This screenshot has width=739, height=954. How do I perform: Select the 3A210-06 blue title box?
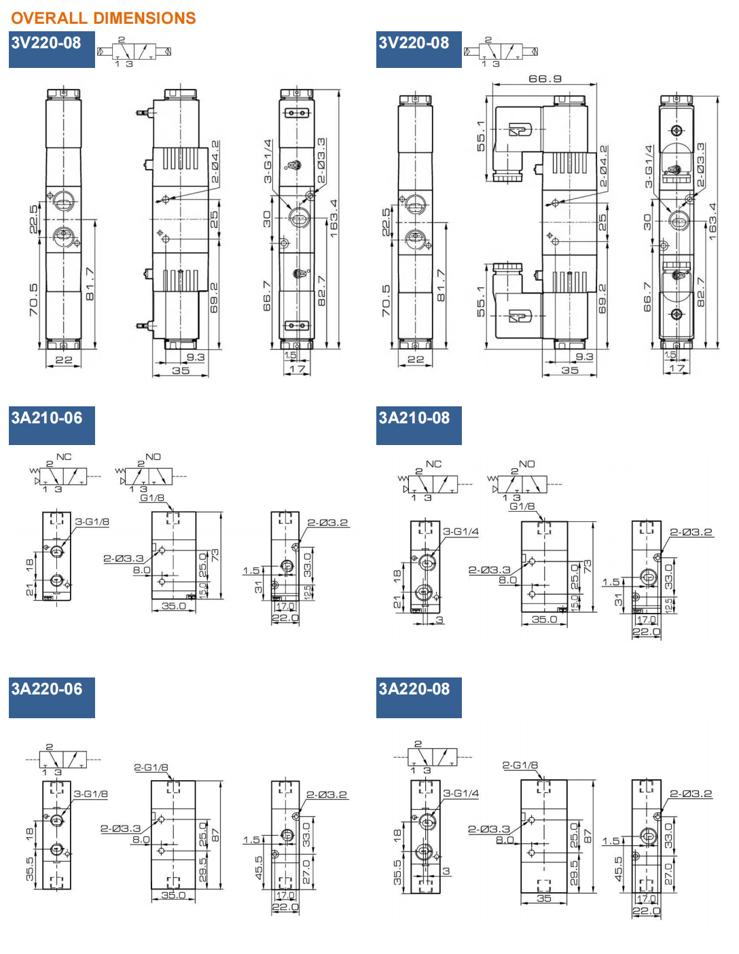(x=52, y=425)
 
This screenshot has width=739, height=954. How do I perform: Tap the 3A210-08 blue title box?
(x=418, y=425)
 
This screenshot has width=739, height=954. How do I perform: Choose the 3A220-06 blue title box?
(x=52, y=696)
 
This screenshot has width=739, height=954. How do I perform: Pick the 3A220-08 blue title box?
(x=418, y=696)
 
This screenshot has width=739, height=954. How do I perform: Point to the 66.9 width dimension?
(x=545, y=79)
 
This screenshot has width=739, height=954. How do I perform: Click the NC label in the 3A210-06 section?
(x=64, y=457)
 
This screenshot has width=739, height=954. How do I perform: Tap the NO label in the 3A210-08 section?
(x=527, y=464)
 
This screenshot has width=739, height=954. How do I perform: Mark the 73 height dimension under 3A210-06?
(x=215, y=555)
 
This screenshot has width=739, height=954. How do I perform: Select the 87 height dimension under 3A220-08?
(x=588, y=836)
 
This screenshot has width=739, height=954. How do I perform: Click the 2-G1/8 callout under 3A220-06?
(x=151, y=768)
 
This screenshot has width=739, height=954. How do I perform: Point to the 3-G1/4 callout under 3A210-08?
(x=461, y=531)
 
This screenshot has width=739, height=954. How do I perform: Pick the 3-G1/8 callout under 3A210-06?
(x=92, y=522)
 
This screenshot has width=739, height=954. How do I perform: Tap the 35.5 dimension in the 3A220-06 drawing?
(x=30, y=869)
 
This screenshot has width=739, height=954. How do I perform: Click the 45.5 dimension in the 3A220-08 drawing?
(x=619, y=869)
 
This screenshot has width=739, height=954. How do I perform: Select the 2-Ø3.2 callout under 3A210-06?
(x=327, y=523)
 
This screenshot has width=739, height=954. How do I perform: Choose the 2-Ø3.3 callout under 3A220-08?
(x=488, y=829)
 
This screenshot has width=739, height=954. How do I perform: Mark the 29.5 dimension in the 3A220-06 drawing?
(x=203, y=870)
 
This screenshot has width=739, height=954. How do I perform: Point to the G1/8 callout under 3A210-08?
(x=522, y=506)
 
